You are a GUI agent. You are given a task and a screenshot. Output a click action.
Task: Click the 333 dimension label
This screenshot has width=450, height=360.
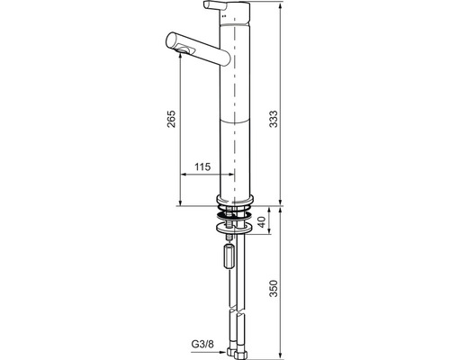coord(273,119)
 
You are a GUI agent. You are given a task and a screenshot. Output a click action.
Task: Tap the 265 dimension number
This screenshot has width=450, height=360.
coord(171,119)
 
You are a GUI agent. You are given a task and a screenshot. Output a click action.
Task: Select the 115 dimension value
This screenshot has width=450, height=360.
coord(202,166)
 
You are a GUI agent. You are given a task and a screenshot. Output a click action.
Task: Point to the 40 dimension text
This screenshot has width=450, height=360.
coord(263,221)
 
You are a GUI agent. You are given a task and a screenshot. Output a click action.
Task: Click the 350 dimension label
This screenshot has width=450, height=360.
coord(273,288)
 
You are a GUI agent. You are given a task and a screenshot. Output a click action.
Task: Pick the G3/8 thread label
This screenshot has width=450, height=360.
coord(202,344)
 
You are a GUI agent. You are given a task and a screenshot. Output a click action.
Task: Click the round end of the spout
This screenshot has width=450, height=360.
coord(173,41)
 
